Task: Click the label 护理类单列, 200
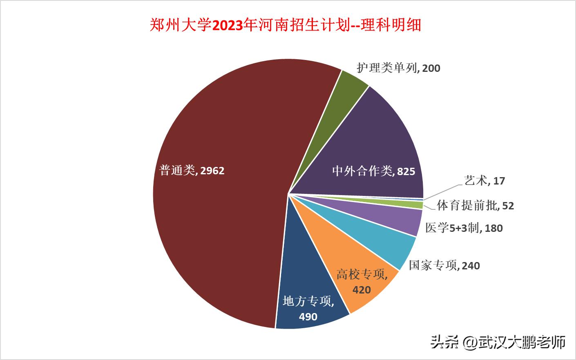pyautogui.click(x=398, y=68)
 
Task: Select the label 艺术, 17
pyautogui.click(x=484, y=180)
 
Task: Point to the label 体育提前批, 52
pyautogui.click(x=475, y=205)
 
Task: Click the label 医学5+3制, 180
pyautogui.click(x=464, y=228)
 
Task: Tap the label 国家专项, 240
pyautogui.click(x=444, y=266)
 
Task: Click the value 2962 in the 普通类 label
pyautogui.click(x=212, y=170)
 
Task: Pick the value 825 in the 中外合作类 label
pyautogui.click(x=406, y=171)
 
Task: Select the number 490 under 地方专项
pyautogui.click(x=308, y=316)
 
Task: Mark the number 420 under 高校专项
pyautogui.click(x=362, y=290)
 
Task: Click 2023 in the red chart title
pyautogui.click(x=227, y=25)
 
